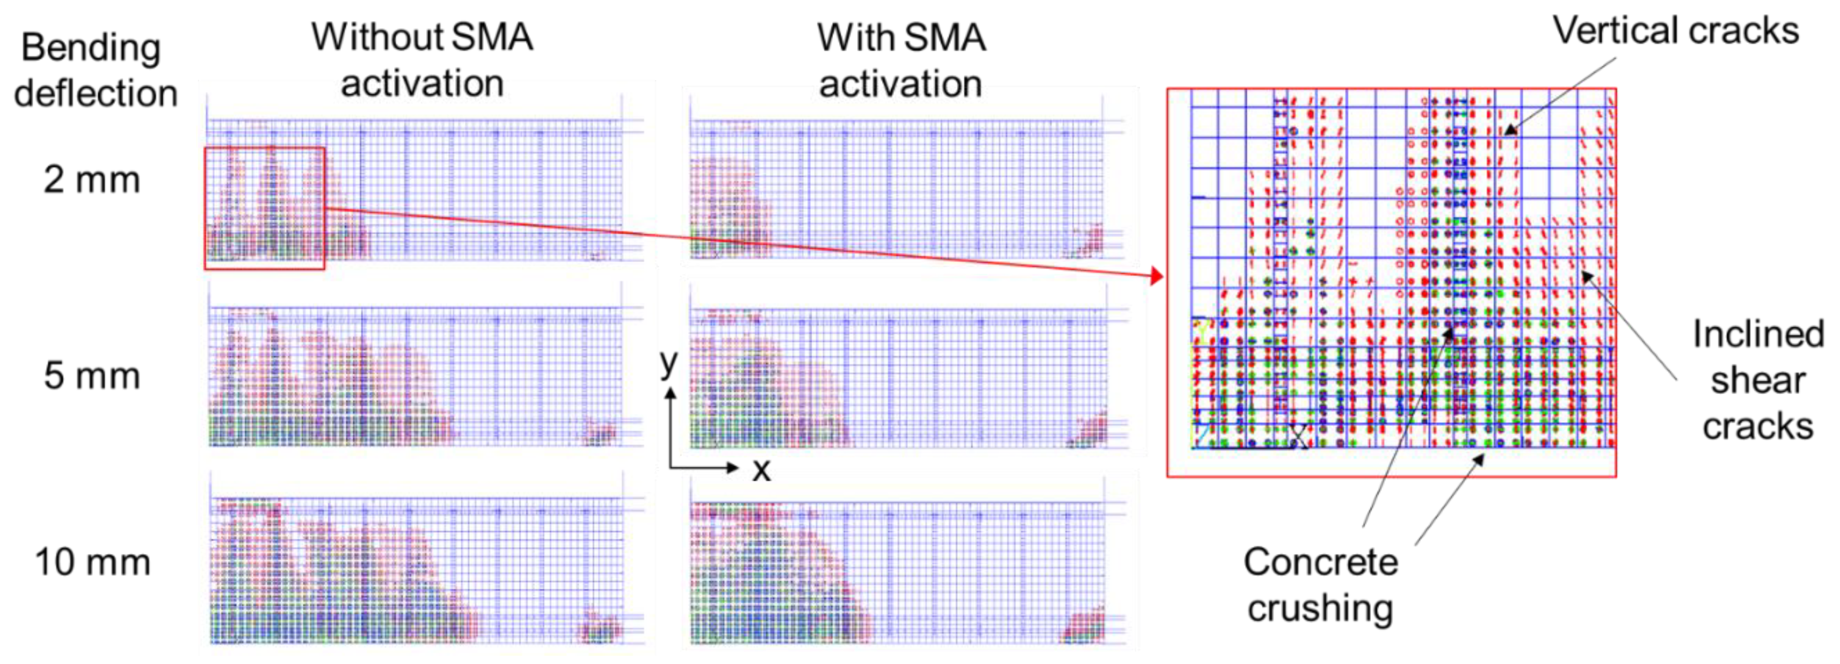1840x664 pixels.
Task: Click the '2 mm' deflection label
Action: point(91,180)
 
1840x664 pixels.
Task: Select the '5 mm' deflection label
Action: point(91,376)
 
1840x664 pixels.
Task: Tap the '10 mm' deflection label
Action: point(93,563)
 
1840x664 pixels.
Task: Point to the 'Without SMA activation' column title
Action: point(422,60)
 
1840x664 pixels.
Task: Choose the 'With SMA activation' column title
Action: point(901,61)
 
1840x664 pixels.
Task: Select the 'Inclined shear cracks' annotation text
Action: point(1757,380)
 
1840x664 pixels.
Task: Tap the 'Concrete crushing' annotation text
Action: point(1320,584)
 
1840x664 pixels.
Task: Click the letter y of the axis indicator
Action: point(669,363)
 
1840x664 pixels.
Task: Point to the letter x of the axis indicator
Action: point(761,470)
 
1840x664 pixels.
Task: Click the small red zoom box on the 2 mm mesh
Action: point(264,208)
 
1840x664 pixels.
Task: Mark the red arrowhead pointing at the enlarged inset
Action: point(1157,275)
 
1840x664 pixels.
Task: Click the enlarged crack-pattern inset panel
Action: point(1392,283)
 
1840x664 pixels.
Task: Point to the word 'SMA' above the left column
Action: point(492,37)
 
